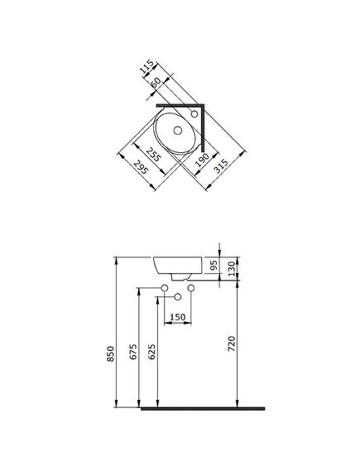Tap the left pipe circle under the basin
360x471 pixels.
point(165,287)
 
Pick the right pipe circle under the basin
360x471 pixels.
point(191,287)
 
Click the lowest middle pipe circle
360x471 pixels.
point(177,296)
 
